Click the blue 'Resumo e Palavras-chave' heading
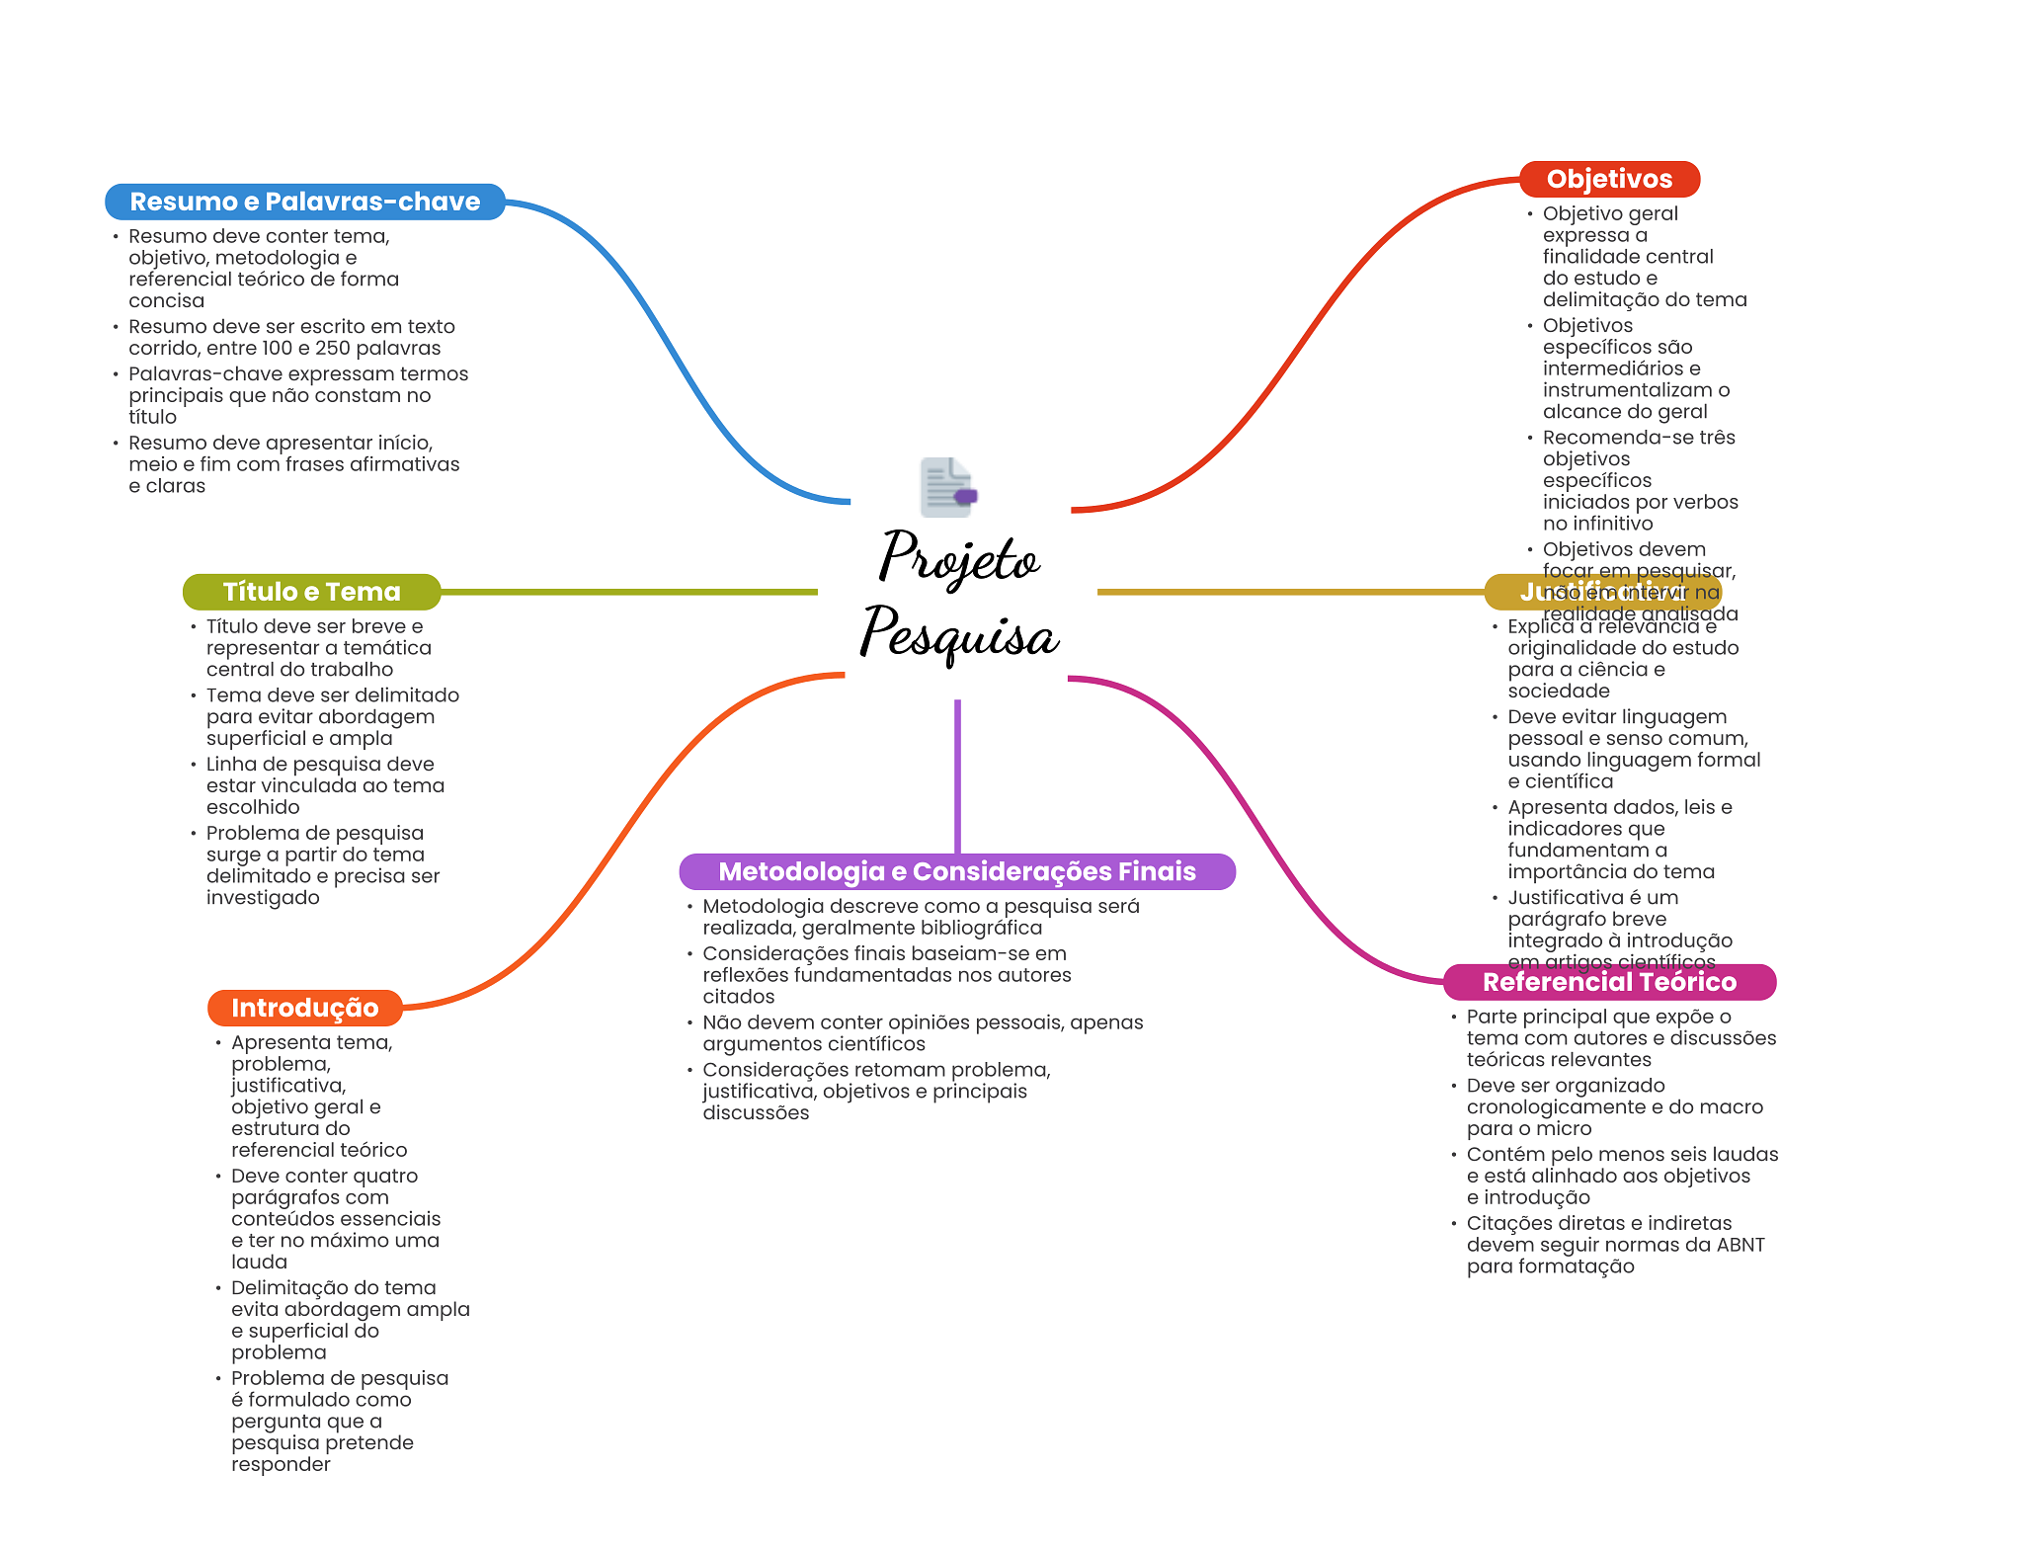304,202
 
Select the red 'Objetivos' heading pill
1609,179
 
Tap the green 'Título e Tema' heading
311,592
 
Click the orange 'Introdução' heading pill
304,1008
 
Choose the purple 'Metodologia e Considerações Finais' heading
956,871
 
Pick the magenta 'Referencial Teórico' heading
1609,982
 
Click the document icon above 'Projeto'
947,487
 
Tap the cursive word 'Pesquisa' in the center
958,633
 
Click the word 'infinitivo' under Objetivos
1597,524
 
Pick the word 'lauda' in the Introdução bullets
259,1262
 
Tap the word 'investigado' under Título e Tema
263,897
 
